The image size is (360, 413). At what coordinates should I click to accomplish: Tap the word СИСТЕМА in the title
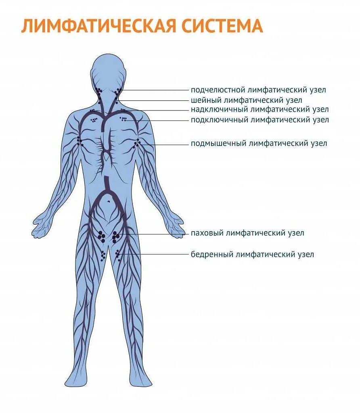click(x=221, y=25)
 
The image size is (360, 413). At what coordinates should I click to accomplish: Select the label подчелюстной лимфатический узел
click(x=258, y=90)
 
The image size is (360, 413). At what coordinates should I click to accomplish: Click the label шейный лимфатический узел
click(x=246, y=100)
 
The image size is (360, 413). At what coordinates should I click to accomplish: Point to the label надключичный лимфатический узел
click(x=260, y=109)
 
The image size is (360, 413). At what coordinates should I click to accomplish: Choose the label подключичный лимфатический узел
click(x=260, y=120)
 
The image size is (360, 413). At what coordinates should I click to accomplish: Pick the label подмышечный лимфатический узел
click(x=259, y=143)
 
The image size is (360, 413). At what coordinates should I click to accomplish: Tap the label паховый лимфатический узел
click(x=247, y=233)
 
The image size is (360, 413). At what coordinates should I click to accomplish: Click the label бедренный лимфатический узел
click(x=252, y=254)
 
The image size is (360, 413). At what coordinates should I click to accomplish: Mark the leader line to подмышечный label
click(x=165, y=144)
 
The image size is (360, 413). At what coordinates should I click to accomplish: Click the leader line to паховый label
click(x=157, y=234)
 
